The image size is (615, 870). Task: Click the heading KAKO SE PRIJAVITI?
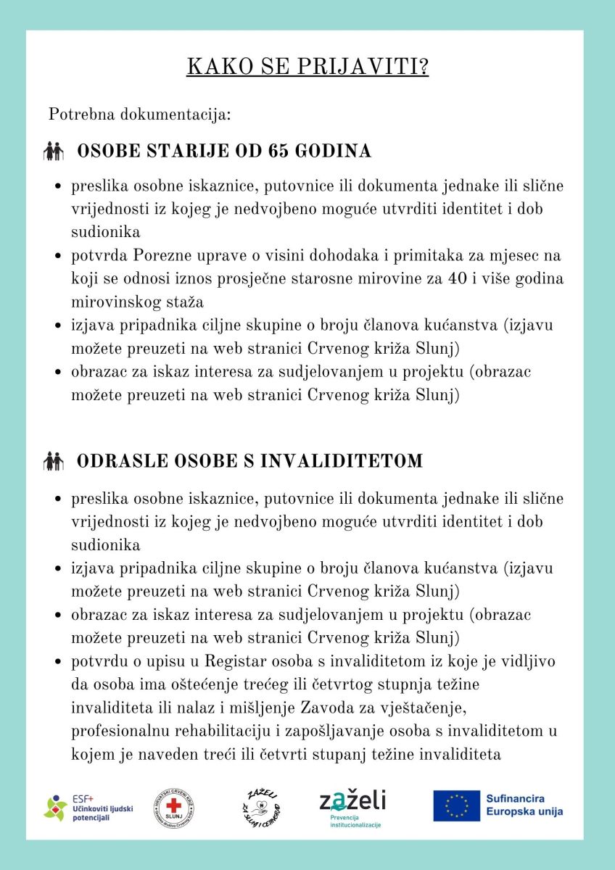click(x=307, y=67)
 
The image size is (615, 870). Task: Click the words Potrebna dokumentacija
click(x=139, y=115)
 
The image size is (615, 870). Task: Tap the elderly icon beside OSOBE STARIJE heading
click(x=54, y=152)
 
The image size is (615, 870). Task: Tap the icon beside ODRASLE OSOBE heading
click(x=54, y=461)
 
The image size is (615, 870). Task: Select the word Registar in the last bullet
click(x=240, y=661)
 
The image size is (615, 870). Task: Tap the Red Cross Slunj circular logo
click(x=174, y=806)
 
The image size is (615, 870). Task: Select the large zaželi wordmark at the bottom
click(x=353, y=800)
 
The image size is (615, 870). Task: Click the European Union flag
click(x=457, y=805)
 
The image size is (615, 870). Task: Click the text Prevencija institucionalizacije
click(x=350, y=821)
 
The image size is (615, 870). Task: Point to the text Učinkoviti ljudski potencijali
click(x=102, y=812)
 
